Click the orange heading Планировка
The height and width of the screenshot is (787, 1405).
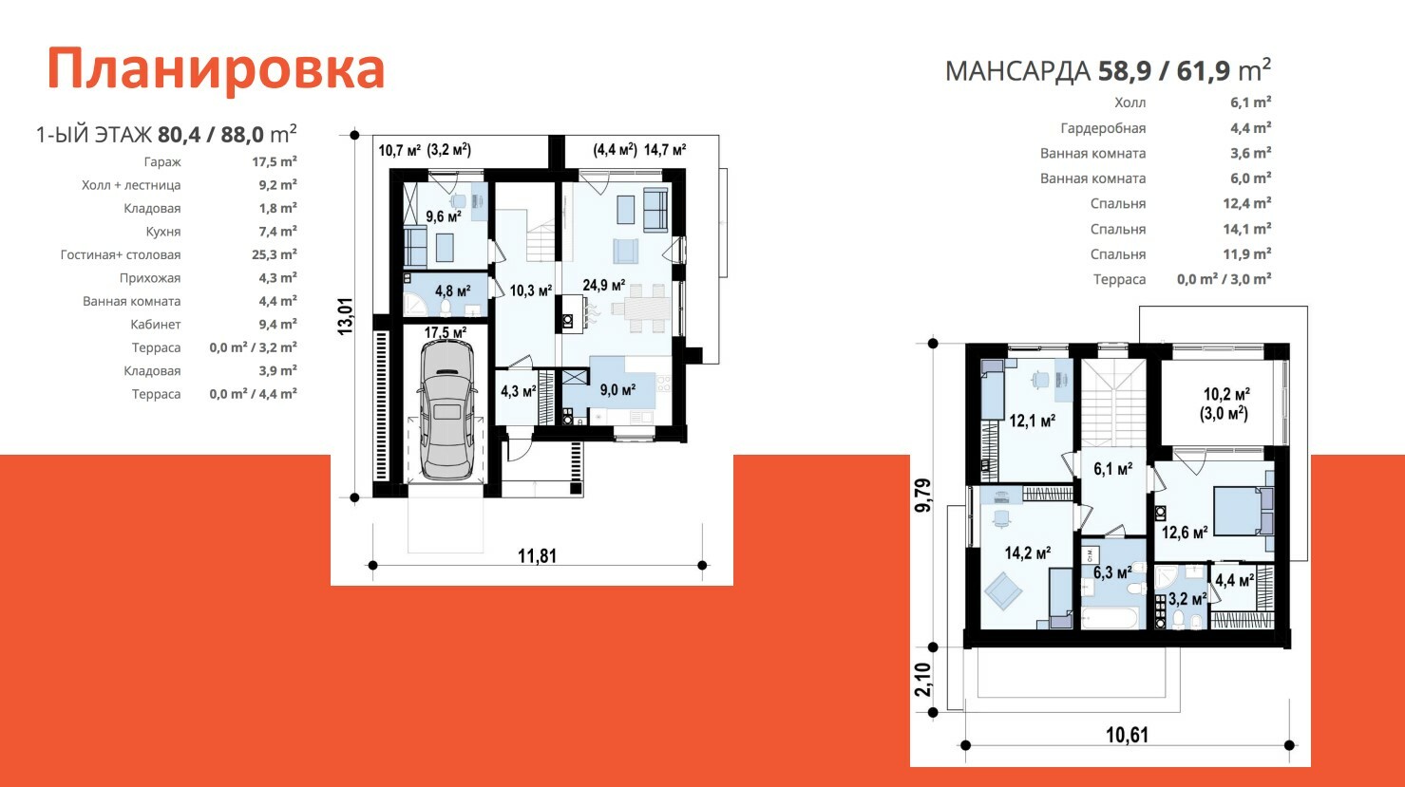click(x=216, y=69)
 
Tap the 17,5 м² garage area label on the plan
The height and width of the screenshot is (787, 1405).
click(x=446, y=332)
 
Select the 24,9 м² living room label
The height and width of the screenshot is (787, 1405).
click(x=604, y=285)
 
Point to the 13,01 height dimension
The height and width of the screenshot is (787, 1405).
click(x=346, y=316)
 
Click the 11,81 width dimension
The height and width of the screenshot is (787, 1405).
click(x=537, y=555)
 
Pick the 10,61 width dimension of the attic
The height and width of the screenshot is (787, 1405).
click(x=1128, y=735)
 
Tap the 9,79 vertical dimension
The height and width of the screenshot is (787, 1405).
click(x=923, y=496)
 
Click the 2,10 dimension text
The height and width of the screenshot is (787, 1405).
click(x=922, y=680)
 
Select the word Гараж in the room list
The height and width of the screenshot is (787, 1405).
click(x=162, y=161)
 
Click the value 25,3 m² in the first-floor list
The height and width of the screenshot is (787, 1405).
click(x=275, y=254)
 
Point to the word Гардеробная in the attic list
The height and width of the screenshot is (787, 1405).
click(x=1103, y=128)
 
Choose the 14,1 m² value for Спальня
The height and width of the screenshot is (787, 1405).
click(x=1247, y=229)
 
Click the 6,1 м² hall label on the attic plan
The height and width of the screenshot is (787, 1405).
click(x=1112, y=469)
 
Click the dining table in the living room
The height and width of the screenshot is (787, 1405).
click(x=640, y=309)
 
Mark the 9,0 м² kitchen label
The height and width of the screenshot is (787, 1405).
click(x=617, y=390)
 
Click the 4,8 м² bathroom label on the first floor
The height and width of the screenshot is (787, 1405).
click(x=452, y=291)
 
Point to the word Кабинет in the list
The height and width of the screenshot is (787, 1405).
click(x=156, y=324)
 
